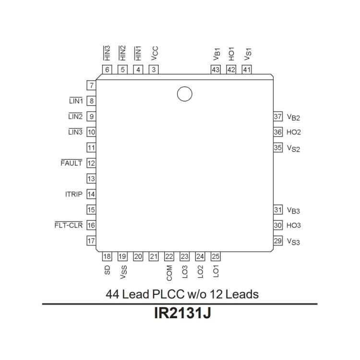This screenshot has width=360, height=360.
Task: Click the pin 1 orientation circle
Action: click(x=184, y=94)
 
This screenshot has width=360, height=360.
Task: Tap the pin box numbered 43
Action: click(x=216, y=70)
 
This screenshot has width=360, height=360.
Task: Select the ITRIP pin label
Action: click(x=73, y=194)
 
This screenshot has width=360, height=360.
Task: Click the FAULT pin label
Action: click(x=71, y=163)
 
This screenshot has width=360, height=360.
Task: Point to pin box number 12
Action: click(x=91, y=163)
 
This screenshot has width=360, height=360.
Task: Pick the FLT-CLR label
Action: click(x=68, y=225)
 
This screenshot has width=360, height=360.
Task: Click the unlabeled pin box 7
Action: click(x=91, y=86)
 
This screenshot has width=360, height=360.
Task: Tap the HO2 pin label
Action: click(x=294, y=132)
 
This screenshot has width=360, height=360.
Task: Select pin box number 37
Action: click(x=278, y=117)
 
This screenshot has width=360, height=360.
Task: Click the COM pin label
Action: click(x=169, y=273)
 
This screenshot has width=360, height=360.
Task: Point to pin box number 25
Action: click(x=216, y=257)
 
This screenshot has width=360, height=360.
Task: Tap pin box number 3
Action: click(x=154, y=70)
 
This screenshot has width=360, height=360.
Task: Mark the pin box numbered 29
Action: click(x=278, y=241)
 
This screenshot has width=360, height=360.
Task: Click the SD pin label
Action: click(x=107, y=271)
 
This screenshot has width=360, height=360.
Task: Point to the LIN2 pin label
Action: click(x=75, y=117)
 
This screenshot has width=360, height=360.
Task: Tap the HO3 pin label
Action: click(x=294, y=226)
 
